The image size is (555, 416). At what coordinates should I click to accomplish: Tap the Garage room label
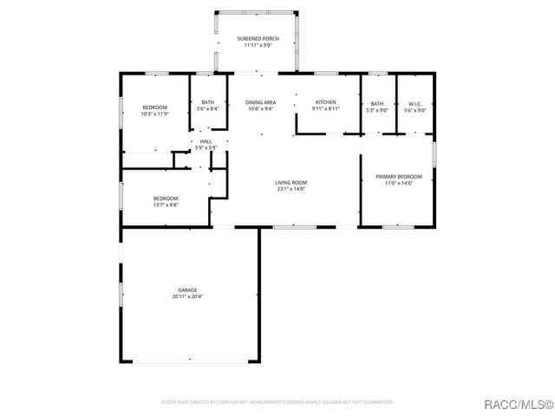(187, 289)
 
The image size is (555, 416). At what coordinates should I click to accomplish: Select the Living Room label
(291, 182)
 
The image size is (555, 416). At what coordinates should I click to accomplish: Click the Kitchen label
(325, 102)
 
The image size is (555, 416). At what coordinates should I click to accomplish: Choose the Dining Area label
(260, 102)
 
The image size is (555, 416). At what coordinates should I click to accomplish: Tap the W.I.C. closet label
(414, 102)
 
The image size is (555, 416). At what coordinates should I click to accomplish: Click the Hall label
(206, 141)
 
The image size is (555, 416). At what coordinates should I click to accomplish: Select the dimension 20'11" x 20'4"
(187, 296)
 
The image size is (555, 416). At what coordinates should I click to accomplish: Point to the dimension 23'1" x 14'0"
(291, 189)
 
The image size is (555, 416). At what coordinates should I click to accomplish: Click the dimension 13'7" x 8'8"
(166, 205)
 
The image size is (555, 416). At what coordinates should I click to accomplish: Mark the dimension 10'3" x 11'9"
(155, 114)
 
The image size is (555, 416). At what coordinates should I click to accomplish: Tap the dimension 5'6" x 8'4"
(208, 109)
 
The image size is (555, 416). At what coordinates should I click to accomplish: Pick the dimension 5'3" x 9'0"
(377, 109)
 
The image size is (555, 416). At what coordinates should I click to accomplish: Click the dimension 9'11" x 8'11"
(325, 109)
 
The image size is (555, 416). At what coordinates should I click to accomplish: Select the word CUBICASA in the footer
(248, 402)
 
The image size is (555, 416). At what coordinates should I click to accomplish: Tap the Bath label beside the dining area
(208, 102)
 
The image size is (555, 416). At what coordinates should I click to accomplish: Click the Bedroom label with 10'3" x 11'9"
(155, 107)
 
